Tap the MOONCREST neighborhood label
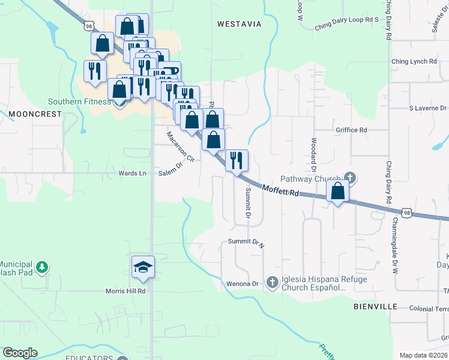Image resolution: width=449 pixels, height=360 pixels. pos(35,113)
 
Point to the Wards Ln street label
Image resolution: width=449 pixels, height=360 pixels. pos(132,173)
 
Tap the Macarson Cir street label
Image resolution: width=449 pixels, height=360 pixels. pos(181,147)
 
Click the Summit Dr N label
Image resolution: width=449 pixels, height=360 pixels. pos(246,243)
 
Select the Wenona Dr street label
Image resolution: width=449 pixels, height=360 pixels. pos(242,283)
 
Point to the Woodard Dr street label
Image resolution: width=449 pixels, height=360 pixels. pos(313,152)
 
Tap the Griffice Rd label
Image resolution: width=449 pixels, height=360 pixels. pos(352,130)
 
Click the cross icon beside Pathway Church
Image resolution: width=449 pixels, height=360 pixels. pos(351,178)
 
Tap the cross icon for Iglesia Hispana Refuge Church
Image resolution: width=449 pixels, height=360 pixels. pos(272,282)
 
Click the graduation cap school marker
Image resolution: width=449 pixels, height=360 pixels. pos(143,267)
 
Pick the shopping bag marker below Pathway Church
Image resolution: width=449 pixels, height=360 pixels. pos(338,191)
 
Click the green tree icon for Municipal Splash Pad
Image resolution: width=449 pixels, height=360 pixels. pos(41,267)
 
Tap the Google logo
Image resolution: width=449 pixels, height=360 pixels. pos(20,353)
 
